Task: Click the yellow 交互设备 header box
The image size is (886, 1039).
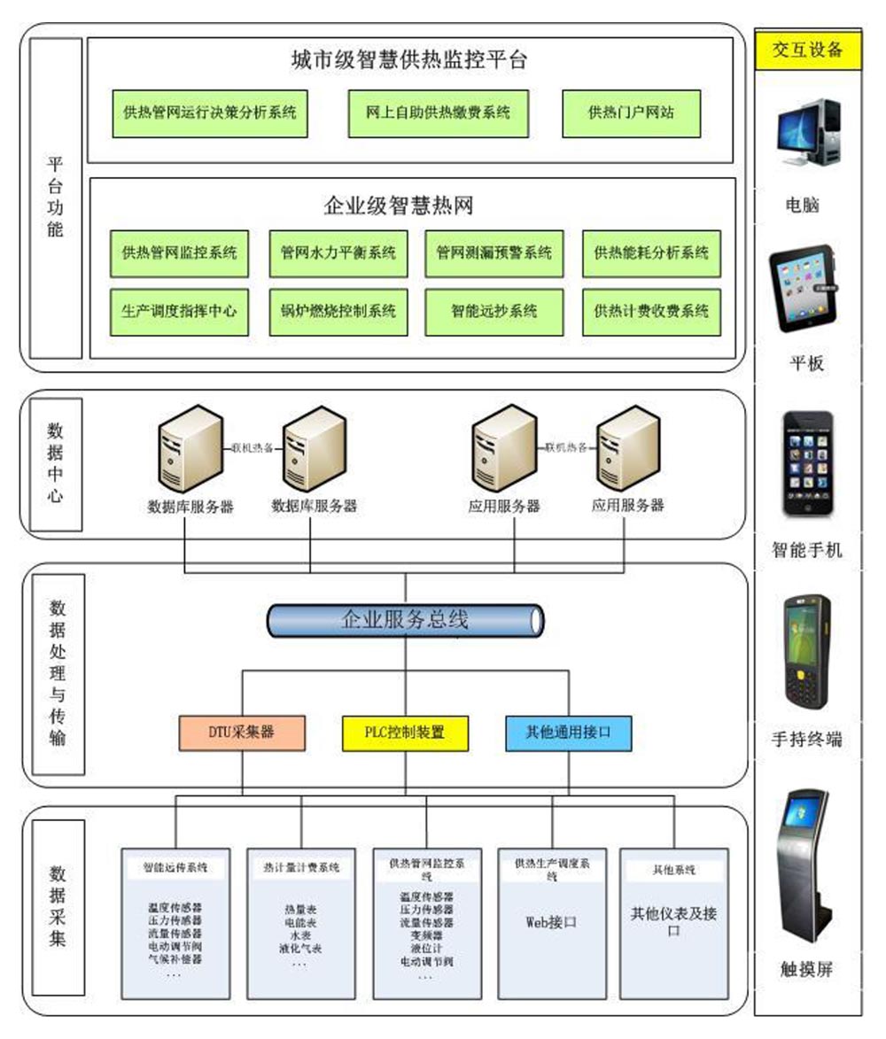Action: tap(807, 50)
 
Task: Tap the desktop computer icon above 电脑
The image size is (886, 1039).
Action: tap(807, 133)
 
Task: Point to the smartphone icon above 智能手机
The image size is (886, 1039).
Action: tap(806, 462)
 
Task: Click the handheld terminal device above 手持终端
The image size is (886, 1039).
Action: tap(806, 651)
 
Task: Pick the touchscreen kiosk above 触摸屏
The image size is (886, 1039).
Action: tap(805, 865)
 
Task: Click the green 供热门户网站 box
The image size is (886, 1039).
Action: tap(631, 113)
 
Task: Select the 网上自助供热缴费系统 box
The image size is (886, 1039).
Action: tap(438, 113)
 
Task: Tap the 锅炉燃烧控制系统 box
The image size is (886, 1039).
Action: tap(338, 312)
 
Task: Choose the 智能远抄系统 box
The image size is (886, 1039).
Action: tap(494, 312)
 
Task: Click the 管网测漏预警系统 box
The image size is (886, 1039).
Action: tap(494, 253)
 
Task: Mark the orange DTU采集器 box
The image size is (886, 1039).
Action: tap(242, 733)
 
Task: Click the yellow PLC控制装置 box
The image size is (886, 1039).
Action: tap(405, 733)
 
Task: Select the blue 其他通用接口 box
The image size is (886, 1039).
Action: tap(569, 733)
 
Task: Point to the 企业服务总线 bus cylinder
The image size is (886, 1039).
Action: tap(405, 620)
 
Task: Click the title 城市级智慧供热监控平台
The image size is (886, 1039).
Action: tap(409, 60)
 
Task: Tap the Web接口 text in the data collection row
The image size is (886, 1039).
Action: tap(551, 921)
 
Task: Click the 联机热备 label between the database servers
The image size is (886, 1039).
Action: tap(252, 447)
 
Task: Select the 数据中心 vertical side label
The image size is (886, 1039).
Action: tap(56, 464)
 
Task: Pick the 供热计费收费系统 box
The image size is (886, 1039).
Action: tap(651, 312)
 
